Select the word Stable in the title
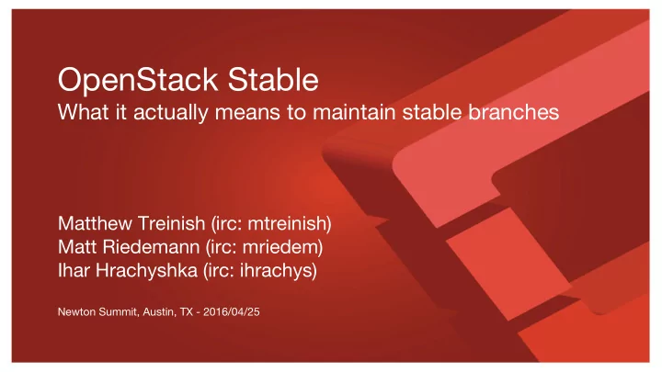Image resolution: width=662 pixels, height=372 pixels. (273, 79)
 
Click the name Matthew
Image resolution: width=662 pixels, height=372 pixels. (95, 223)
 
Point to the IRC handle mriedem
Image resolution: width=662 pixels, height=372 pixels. (280, 247)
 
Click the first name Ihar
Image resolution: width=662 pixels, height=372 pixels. (74, 271)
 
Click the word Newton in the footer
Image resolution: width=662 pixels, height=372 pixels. (76, 312)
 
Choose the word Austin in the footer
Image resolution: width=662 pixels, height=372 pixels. (158, 312)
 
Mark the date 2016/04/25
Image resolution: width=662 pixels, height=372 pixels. (232, 312)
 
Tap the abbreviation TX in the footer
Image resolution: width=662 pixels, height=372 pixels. (186, 312)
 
